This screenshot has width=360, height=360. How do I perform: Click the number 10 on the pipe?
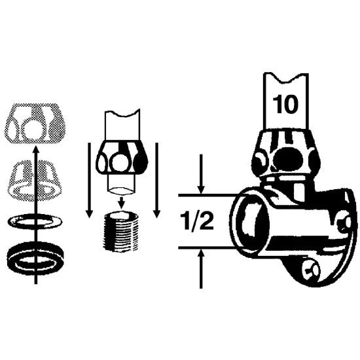285,105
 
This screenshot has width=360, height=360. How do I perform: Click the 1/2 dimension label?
197,221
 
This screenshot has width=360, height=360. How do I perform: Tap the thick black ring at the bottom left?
35,257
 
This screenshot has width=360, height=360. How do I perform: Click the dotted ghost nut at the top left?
35,124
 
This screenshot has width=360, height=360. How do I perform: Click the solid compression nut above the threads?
122,158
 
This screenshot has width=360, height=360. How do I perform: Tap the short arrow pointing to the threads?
122,202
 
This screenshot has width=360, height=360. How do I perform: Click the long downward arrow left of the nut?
89,180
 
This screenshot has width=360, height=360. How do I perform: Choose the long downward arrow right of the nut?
157,180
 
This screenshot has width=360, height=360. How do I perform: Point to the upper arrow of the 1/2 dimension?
201,174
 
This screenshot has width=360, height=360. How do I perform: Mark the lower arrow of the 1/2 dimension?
201,268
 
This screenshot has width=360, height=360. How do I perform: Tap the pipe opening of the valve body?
250,223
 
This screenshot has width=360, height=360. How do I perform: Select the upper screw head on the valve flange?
344,223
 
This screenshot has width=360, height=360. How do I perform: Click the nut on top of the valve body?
286,153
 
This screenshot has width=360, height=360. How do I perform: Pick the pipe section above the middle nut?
122,125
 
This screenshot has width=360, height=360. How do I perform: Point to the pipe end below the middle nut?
122,185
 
